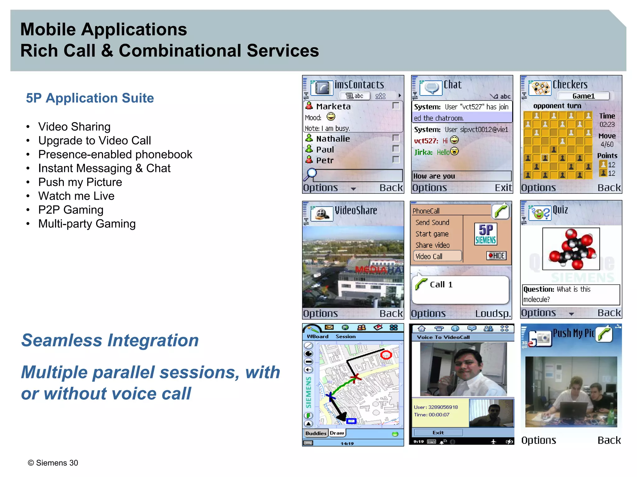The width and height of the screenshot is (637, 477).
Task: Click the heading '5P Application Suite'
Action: [x=90, y=98]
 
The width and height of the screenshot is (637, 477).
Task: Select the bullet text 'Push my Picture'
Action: [x=80, y=182]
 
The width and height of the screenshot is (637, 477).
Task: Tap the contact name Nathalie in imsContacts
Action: [x=333, y=139]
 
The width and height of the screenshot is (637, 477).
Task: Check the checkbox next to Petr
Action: [x=396, y=160]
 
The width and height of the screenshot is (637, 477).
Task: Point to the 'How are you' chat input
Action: [x=461, y=176]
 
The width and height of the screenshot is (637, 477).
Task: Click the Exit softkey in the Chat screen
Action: [x=503, y=188]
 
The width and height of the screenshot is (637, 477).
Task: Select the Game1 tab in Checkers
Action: [x=583, y=96]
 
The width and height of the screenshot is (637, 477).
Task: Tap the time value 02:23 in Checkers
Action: [x=607, y=125]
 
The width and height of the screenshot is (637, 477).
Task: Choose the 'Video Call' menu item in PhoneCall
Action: [x=437, y=257]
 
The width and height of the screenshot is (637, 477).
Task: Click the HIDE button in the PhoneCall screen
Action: [x=496, y=256]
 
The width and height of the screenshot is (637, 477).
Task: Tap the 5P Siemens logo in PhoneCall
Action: [x=486, y=234]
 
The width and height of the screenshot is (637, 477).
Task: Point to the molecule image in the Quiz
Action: [x=571, y=249]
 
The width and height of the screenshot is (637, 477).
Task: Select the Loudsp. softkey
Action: [x=493, y=314]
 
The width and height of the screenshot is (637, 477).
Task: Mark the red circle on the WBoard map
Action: [x=386, y=355]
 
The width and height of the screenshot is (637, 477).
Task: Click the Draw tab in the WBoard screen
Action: [x=337, y=433]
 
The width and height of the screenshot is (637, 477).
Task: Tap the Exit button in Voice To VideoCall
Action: [x=438, y=433]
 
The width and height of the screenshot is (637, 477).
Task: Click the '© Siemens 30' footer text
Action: [x=53, y=463]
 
